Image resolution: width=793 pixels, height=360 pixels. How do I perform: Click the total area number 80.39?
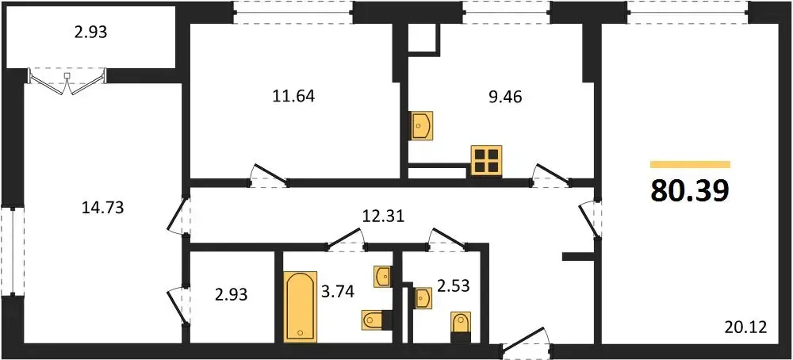pyautogui.click(x=690, y=190)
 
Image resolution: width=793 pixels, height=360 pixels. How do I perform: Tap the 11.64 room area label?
pyautogui.click(x=293, y=96)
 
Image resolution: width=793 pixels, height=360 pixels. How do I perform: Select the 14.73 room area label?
pyautogui.click(x=102, y=207)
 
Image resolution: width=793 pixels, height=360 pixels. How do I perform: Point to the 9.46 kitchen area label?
pyautogui.click(x=504, y=96)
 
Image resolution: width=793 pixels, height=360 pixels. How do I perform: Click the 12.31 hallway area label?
pyautogui.click(x=384, y=216)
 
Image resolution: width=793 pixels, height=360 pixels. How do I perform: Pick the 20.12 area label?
pyautogui.click(x=746, y=327)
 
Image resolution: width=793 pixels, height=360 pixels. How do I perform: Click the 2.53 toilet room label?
pyautogui.click(x=454, y=285)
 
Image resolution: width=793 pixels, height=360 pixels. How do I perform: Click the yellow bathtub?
pyautogui.click(x=301, y=307)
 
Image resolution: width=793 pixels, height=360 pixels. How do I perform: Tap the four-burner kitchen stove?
pyautogui.click(x=487, y=160)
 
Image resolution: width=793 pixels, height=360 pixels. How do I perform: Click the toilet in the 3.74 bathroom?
pyautogui.click(x=377, y=320)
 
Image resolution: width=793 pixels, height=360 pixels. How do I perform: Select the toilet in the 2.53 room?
pyautogui.click(x=460, y=324)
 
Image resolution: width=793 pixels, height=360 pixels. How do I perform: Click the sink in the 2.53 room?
pyautogui.click(x=423, y=297)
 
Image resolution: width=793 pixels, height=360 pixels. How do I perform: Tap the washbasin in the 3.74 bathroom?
pyautogui.click(x=382, y=277)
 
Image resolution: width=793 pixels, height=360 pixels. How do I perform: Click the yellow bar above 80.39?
pyautogui.click(x=690, y=164)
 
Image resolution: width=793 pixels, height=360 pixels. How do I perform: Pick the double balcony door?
pyautogui.click(x=67, y=82)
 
